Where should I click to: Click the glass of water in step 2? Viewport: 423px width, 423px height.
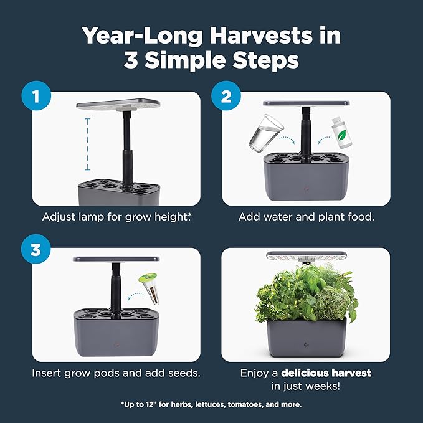point(264,133)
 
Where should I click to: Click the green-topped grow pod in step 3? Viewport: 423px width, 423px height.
point(150,290)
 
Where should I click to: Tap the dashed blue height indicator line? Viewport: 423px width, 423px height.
point(87,144)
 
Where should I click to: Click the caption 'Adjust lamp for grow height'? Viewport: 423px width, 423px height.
point(116,217)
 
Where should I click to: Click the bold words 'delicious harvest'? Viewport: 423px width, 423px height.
point(326,373)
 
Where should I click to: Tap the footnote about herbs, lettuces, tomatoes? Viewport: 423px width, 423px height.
point(211,404)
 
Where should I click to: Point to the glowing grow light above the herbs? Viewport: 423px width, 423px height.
point(305,257)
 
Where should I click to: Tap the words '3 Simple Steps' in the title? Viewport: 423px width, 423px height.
point(211,61)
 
